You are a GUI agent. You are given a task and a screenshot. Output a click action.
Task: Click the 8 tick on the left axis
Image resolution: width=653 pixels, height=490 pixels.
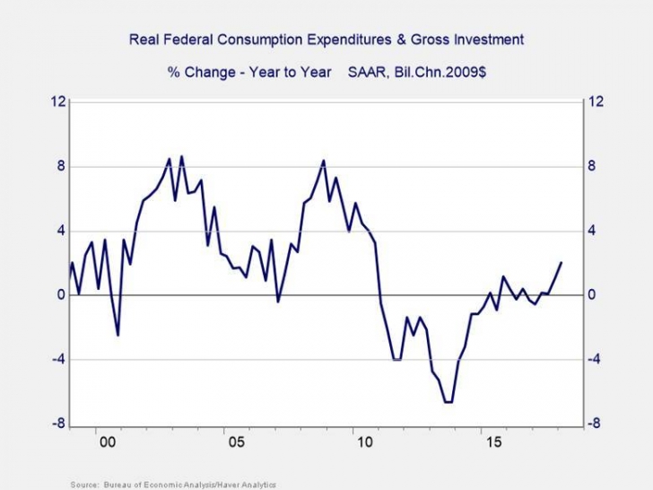60,166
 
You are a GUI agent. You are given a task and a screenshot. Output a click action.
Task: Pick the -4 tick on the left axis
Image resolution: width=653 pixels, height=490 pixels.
57,360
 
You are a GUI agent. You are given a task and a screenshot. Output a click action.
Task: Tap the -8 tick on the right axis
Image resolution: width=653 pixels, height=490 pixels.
594,424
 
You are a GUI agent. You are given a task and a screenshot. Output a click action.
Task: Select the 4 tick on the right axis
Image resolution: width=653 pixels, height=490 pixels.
592,231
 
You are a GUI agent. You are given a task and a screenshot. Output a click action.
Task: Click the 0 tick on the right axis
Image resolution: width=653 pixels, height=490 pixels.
592,295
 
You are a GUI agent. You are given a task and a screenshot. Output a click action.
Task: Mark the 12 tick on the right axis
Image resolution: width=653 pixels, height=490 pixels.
595,101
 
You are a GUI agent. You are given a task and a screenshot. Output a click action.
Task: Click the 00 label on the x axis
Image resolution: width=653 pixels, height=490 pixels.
107,442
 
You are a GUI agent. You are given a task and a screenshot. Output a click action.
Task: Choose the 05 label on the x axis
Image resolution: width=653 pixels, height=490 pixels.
235,442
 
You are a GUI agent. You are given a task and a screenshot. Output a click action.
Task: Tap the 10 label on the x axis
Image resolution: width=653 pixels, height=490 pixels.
363,442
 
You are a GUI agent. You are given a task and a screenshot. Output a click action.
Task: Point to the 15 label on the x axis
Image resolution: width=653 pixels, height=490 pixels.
492,442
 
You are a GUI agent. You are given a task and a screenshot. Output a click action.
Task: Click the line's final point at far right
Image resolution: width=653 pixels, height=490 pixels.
562,263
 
